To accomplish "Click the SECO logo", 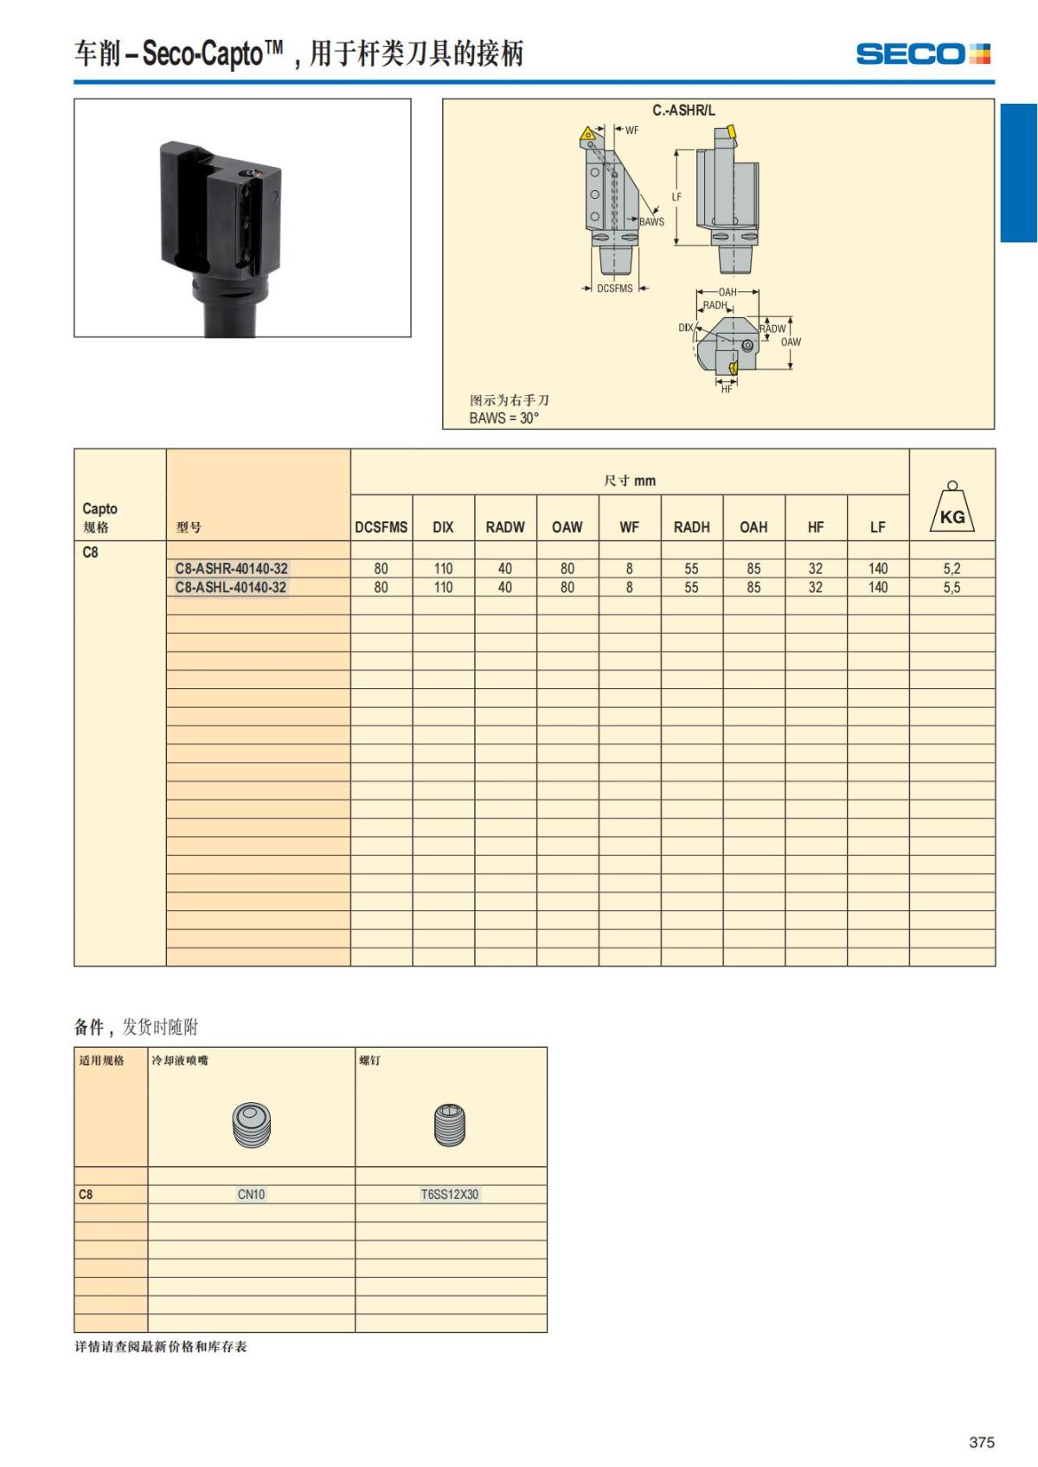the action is (923, 54).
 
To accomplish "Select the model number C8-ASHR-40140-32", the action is (231, 569).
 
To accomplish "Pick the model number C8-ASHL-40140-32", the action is (231, 588).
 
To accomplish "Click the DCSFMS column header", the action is (381, 527).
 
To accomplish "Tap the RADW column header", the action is (505, 527).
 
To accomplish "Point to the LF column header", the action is (877, 527).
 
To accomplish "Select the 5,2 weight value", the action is (951, 569).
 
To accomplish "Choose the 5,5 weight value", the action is (951, 588).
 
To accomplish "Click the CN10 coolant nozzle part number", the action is (251, 1194).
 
